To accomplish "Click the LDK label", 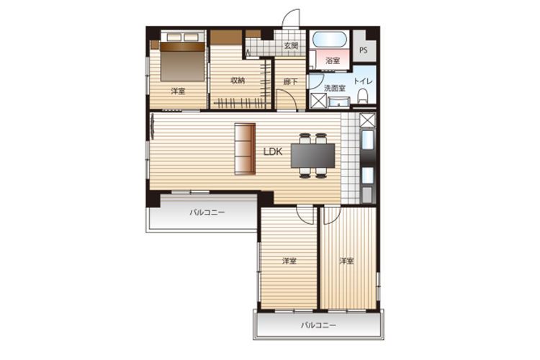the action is [x=273, y=152].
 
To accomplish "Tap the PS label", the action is [x=364, y=50].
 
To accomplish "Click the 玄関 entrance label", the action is [x=291, y=45].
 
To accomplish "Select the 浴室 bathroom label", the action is [x=333, y=60].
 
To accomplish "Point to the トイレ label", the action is [x=364, y=81].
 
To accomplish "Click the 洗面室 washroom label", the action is [x=334, y=88].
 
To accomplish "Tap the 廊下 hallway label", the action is [x=290, y=81].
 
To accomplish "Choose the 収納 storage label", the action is [x=238, y=80].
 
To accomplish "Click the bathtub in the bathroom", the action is [x=329, y=40].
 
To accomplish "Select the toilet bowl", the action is [x=363, y=96].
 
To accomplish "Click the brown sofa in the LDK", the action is [x=245, y=149].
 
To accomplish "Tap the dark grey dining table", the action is [x=312, y=156].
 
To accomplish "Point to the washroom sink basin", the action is [x=339, y=102].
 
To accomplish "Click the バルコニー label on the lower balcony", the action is [x=318, y=325].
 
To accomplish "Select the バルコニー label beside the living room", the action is [x=207, y=212].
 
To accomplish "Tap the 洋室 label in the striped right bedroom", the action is [x=346, y=261].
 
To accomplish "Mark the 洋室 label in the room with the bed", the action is [x=178, y=91].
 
